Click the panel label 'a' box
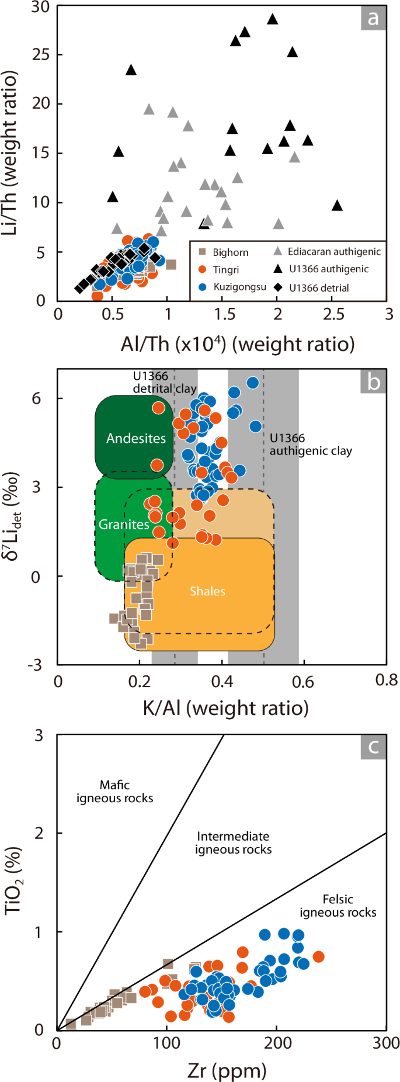(x=373, y=18)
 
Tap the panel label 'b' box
(x=373, y=382)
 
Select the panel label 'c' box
(x=373, y=746)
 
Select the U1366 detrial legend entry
(x=318, y=287)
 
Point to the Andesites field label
(x=135, y=438)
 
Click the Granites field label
(x=123, y=524)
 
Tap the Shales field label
(x=207, y=591)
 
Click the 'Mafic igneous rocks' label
(x=114, y=792)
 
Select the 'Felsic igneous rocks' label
(x=338, y=906)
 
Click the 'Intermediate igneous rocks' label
(x=233, y=843)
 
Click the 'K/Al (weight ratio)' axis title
(x=225, y=708)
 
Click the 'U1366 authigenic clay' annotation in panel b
(x=310, y=445)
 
